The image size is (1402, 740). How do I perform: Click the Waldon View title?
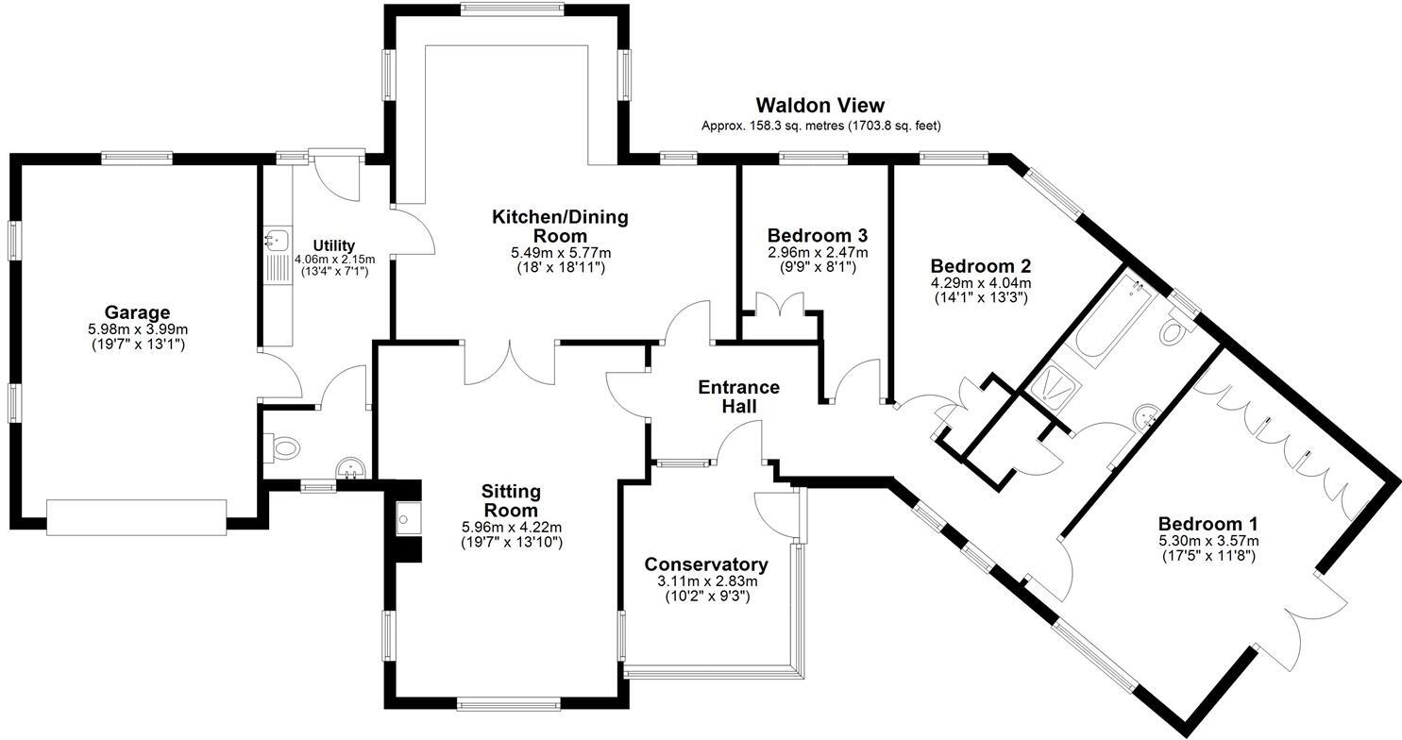pyautogui.click(x=819, y=106)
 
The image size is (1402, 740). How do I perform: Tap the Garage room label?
pyautogui.click(x=137, y=312)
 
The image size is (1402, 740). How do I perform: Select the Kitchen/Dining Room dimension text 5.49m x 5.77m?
pyautogui.click(x=560, y=253)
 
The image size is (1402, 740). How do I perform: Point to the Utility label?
pyautogui.click(x=334, y=245)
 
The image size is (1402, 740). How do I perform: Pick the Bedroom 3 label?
pyautogui.click(x=817, y=235)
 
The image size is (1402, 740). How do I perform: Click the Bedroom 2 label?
pyautogui.click(x=980, y=265)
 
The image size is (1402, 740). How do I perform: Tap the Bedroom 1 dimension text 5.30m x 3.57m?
pyautogui.click(x=1208, y=541)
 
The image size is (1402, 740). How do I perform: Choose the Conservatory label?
pyautogui.click(x=706, y=564)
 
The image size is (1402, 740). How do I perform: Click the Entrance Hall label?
pyautogui.click(x=738, y=396)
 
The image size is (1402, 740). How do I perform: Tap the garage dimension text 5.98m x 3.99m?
pyautogui.click(x=137, y=329)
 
